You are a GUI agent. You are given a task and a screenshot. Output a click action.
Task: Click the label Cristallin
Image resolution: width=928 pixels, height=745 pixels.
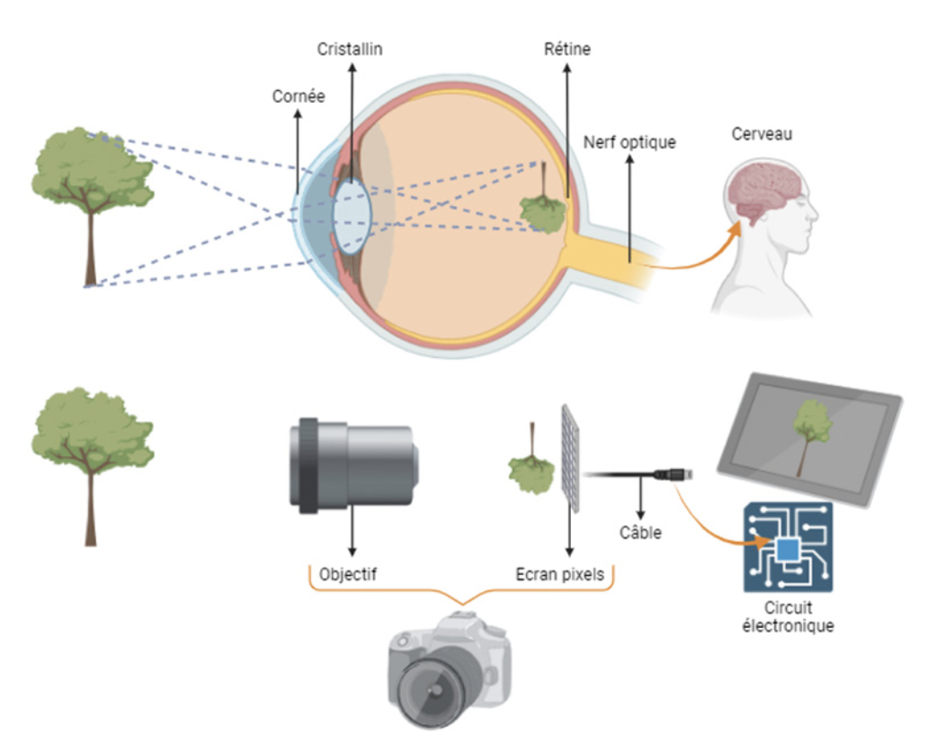pyautogui.click(x=350, y=49)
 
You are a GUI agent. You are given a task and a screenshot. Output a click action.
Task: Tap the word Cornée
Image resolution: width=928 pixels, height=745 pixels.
pyautogui.click(x=298, y=96)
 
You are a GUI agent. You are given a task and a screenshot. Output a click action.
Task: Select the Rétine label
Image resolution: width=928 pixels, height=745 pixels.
pyautogui.click(x=567, y=49)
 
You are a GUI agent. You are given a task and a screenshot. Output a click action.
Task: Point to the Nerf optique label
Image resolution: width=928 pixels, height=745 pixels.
pyautogui.click(x=629, y=142)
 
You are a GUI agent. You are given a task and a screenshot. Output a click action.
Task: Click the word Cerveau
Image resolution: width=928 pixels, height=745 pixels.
pyautogui.click(x=762, y=135)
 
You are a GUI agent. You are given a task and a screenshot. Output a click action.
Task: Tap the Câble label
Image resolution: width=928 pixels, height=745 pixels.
pyautogui.click(x=641, y=533)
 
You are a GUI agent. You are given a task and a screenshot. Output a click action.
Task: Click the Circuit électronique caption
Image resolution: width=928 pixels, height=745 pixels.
pyautogui.click(x=788, y=616)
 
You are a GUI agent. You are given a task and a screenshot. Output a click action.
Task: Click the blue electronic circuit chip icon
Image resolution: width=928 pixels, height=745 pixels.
pyautogui.click(x=788, y=546)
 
